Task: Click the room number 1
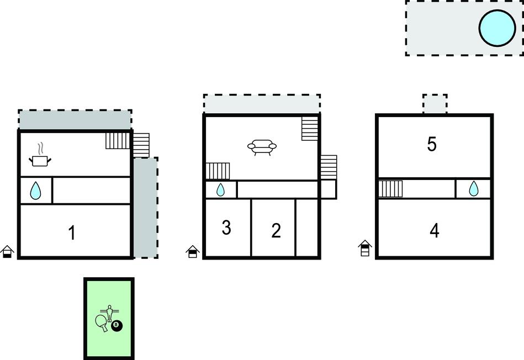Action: point(72,232)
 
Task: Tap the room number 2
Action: point(276,230)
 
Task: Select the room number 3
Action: point(226,227)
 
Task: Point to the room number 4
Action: point(434,231)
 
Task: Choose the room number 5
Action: point(432,144)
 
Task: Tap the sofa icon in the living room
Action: point(262,147)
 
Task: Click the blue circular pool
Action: point(497,28)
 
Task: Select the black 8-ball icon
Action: point(117,326)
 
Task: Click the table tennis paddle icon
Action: point(102,322)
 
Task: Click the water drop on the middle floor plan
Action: point(220,189)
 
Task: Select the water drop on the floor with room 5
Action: point(474,188)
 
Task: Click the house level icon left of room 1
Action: point(7,252)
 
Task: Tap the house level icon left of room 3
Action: point(193,252)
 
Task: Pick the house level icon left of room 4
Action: point(365,248)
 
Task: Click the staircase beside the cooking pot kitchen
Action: point(118,141)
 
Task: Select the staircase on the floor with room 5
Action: point(391,189)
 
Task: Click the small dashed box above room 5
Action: point(435,104)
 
